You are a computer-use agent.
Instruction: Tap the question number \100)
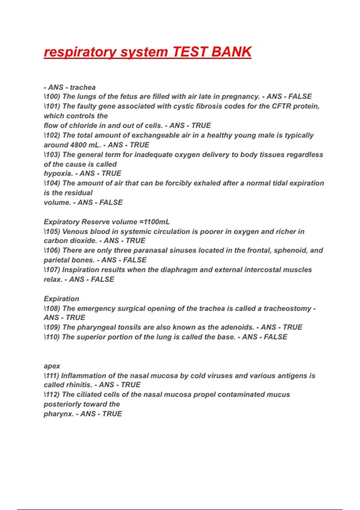click(52, 97)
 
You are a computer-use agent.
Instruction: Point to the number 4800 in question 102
click(78, 145)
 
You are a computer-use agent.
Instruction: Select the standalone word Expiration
click(61, 299)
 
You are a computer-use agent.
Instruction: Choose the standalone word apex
click(52, 366)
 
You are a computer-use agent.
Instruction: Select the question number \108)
click(52, 308)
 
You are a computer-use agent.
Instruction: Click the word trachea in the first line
click(83, 88)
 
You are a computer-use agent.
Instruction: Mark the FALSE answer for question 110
click(275, 337)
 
